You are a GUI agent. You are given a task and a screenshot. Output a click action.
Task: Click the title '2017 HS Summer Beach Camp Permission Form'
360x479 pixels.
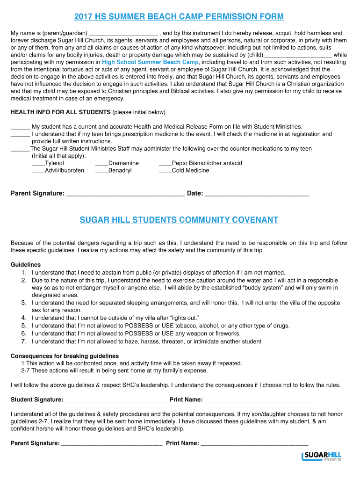tap(179, 17)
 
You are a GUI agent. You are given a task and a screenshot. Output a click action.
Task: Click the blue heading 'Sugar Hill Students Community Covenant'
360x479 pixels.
tap(179, 220)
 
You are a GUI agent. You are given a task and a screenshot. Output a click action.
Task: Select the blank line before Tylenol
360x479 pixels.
tap(38, 164)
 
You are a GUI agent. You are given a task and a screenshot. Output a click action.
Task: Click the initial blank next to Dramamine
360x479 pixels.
tap(101, 164)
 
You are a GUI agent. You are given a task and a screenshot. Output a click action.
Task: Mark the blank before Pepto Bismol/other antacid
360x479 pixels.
tap(165, 164)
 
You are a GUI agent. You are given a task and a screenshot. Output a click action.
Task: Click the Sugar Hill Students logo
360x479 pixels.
tap(322, 456)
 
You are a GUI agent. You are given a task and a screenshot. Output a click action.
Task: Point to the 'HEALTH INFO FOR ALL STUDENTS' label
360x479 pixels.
tap(60, 113)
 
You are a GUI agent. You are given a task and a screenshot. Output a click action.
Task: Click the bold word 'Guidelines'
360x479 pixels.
tap(26, 265)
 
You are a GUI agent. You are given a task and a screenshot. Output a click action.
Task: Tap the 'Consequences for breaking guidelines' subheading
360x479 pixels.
tap(65, 356)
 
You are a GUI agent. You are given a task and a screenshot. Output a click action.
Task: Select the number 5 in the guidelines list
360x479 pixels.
tap(23, 326)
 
